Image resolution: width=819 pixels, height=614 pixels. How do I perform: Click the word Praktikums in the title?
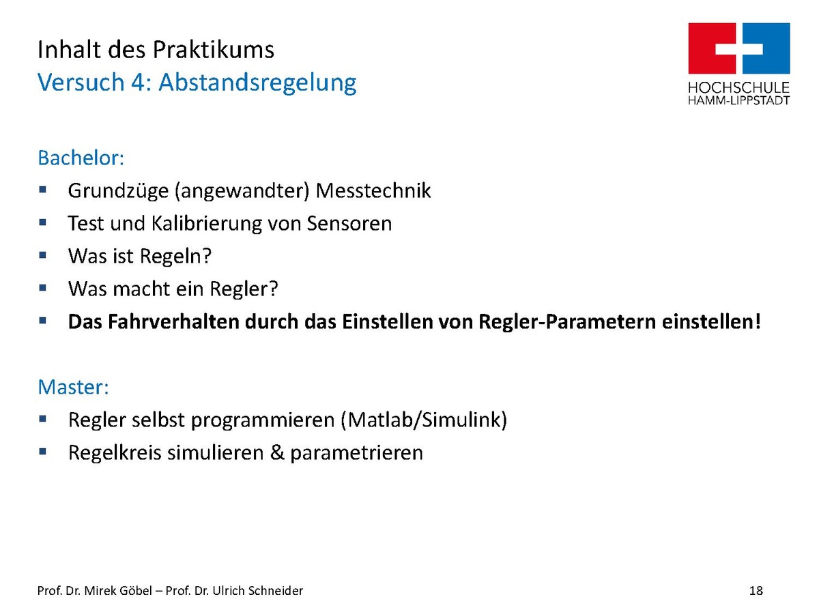[213, 50]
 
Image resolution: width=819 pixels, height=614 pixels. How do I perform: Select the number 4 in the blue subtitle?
[139, 82]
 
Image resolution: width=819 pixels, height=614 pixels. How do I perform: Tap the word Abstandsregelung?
[257, 83]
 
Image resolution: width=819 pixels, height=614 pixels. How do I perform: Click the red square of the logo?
[712, 48]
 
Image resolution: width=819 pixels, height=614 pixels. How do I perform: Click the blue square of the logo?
[766, 48]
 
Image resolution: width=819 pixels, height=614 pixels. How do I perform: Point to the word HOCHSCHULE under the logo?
[738, 88]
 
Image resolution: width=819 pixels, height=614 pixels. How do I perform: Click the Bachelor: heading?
[81, 158]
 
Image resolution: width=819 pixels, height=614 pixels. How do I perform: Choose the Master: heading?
[73, 387]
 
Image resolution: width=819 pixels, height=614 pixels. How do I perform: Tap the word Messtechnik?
[373, 190]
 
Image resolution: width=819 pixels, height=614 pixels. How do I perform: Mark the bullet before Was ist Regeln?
[42, 255]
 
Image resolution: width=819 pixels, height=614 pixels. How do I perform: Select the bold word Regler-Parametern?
[566, 322]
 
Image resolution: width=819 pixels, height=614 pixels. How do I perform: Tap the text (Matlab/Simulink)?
[424, 420]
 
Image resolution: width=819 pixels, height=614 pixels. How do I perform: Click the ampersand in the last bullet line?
[277, 452]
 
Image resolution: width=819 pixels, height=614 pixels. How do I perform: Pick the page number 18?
[756, 591]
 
